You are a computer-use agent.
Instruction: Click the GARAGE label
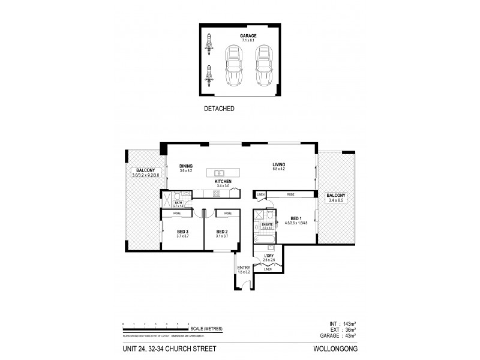pos(248,36)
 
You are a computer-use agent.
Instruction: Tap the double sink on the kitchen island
pos(219,173)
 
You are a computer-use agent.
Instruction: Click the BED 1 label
pos(296,219)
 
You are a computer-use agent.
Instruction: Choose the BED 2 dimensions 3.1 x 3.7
pos(222,236)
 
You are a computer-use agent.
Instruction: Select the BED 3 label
pos(183,232)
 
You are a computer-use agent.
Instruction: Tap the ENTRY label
pos(244,268)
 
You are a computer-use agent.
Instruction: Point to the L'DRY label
pos(269,258)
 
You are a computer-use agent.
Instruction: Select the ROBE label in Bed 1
pos(290,194)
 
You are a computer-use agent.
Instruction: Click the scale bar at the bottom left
pos(157,328)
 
